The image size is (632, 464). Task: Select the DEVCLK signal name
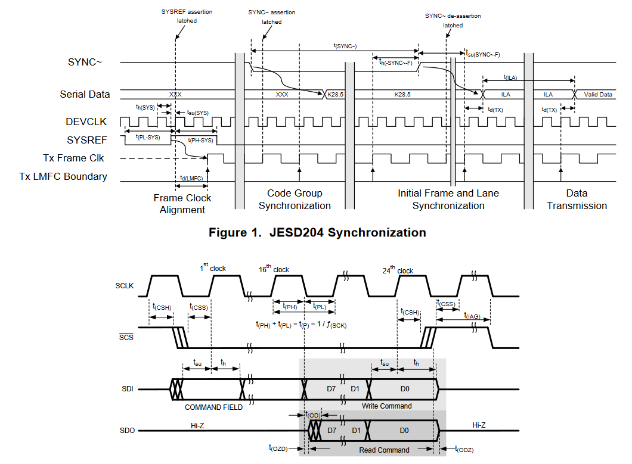click(86, 122)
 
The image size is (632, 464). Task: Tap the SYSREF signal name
click(86, 140)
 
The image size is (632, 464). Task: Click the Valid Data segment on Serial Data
click(597, 95)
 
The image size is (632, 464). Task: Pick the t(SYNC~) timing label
click(345, 45)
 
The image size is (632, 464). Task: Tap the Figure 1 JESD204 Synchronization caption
click(317, 232)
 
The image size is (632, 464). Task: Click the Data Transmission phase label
click(577, 200)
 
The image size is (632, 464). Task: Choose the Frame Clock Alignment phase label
click(182, 204)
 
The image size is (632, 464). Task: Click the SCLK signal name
click(124, 286)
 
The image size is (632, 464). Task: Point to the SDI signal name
click(126, 390)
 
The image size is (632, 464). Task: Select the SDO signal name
click(126, 430)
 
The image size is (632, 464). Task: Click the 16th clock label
click(274, 269)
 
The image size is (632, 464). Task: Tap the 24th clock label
click(397, 270)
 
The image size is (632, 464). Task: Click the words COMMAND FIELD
click(213, 407)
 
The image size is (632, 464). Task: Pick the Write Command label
click(386, 406)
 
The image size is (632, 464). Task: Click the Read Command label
click(384, 450)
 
